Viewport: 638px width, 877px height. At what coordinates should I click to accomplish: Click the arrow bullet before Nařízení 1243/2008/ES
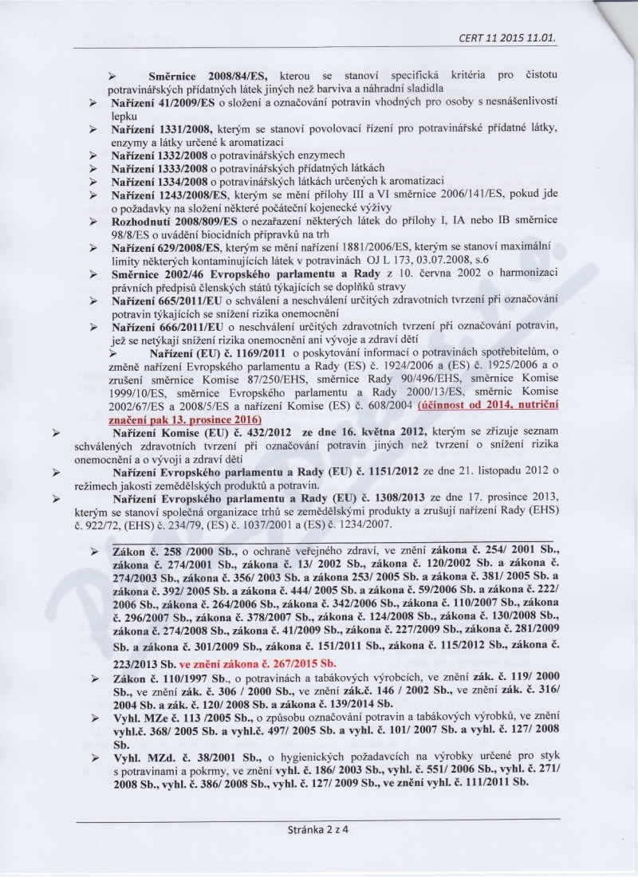[x=94, y=195]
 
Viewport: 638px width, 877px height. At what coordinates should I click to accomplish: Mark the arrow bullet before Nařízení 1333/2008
[x=94, y=168]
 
